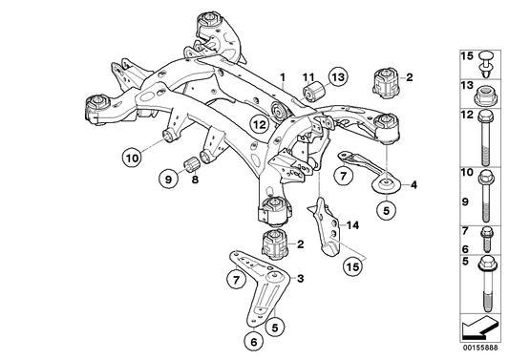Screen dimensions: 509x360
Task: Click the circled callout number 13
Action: pyautogui.click(x=338, y=77)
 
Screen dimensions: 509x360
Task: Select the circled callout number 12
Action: pyautogui.click(x=260, y=124)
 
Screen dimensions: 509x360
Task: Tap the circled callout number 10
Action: pyautogui.click(x=132, y=158)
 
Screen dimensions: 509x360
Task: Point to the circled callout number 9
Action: pyautogui.click(x=168, y=179)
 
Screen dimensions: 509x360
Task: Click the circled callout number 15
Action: pyautogui.click(x=353, y=266)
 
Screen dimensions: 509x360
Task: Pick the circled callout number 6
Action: pyautogui.click(x=254, y=341)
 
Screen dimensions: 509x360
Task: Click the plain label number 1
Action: pyautogui.click(x=283, y=77)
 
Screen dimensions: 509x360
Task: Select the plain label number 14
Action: pyautogui.click(x=352, y=225)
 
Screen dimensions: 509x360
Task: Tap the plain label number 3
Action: pyautogui.click(x=301, y=278)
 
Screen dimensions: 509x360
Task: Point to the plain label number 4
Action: pyautogui.click(x=414, y=185)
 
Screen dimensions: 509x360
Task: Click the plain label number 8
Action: pyautogui.click(x=195, y=180)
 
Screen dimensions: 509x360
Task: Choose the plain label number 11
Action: pyautogui.click(x=308, y=77)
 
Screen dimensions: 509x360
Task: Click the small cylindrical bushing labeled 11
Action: pyautogui.click(x=314, y=91)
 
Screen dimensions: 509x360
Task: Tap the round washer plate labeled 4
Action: pyautogui.click(x=386, y=184)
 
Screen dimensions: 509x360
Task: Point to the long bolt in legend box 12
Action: pyautogui.click(x=486, y=138)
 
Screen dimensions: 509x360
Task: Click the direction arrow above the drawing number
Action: pyautogui.click(x=479, y=328)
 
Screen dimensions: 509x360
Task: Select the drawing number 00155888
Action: pyautogui.click(x=480, y=348)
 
